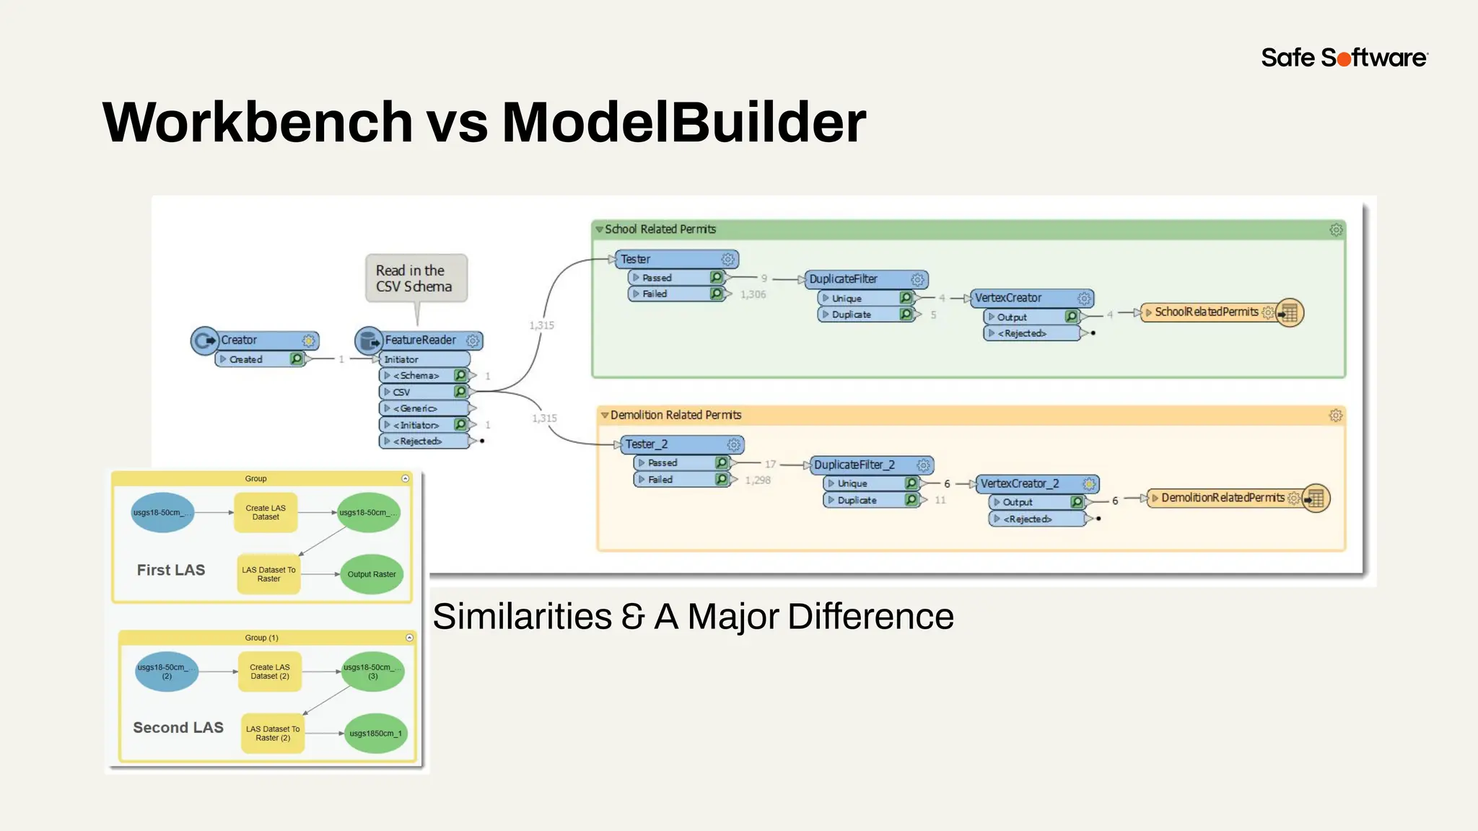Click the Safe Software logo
1344,58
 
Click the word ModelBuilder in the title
683,123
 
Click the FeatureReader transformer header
420,340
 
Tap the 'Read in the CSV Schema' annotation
414,278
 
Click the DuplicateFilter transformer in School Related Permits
862,279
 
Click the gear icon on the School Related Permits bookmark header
1336,229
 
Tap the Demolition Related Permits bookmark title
675,415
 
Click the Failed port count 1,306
753,294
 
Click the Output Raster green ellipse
371,574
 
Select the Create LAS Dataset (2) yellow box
269,672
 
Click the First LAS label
171,570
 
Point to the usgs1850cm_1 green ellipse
375,733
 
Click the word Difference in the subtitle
870,617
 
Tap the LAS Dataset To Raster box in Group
268,574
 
